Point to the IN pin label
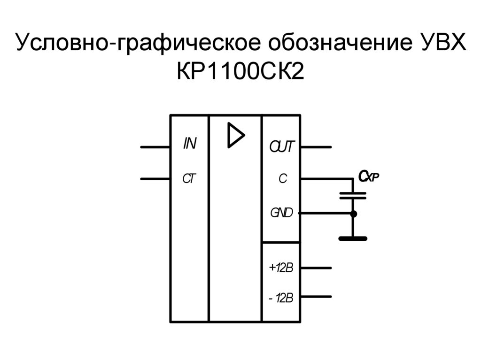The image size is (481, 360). point(189,144)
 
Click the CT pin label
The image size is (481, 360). point(189,179)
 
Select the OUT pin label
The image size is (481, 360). point(281,147)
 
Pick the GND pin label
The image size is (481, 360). point(281,213)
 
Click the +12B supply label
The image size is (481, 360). point(281,268)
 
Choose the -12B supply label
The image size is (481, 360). point(281,298)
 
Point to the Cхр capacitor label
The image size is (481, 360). point(368,176)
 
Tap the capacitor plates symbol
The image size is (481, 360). point(353,195)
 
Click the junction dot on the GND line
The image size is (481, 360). point(353,214)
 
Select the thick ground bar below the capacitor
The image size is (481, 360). point(353,238)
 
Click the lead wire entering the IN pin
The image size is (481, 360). point(155,147)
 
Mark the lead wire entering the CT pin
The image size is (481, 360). point(155,179)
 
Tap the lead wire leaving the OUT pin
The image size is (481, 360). point(316,147)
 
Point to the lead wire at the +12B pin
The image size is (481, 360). point(316,268)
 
